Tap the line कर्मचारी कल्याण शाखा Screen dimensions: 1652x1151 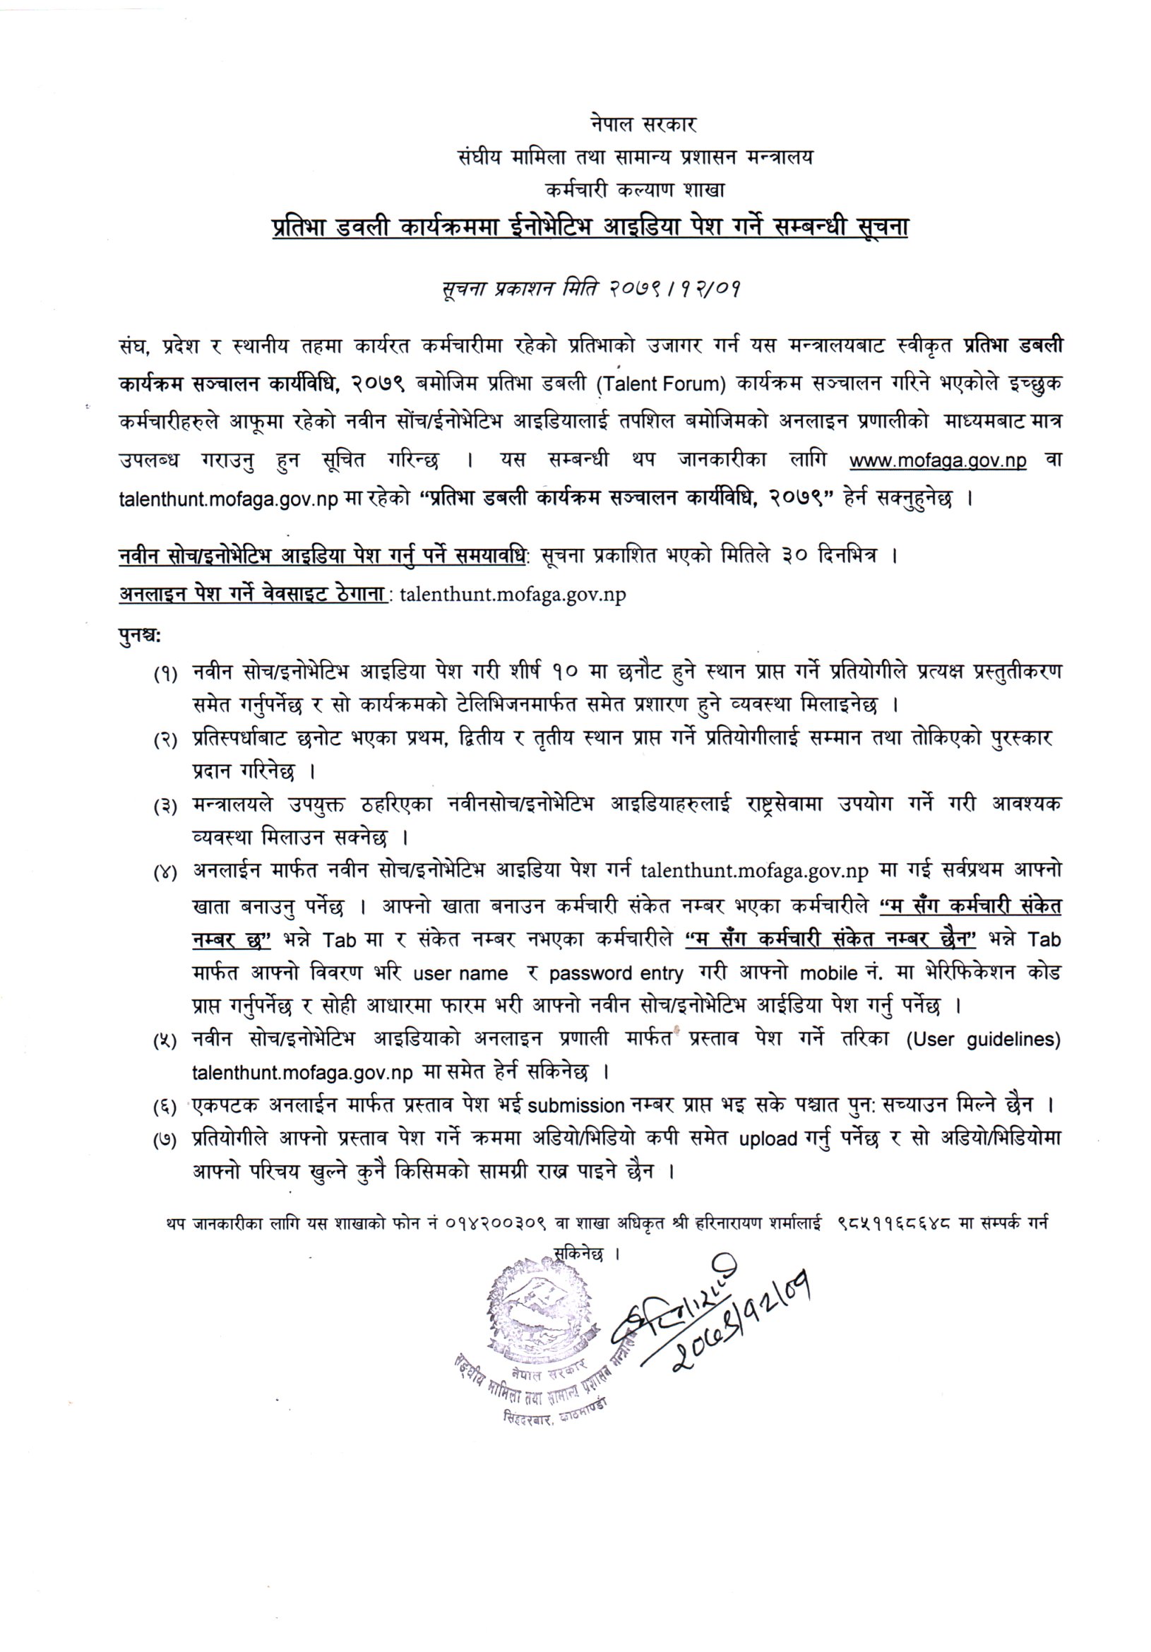(636, 190)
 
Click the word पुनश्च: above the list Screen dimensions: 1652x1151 (140, 635)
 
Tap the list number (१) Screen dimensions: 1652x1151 (165, 675)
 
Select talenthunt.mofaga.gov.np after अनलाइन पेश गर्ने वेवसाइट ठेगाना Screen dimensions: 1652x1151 (512, 595)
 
